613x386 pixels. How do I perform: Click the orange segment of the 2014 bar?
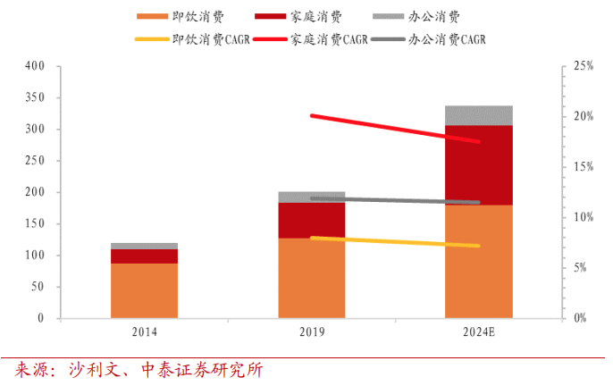tap(144, 290)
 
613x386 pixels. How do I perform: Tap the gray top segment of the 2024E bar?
tap(478, 115)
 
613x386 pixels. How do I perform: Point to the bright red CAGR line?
tap(393, 129)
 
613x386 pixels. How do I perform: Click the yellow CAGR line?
tap(393, 241)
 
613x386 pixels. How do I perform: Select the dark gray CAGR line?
tap(393, 200)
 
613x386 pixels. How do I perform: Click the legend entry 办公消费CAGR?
tap(450, 40)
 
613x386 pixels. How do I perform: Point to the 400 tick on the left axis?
tap(34, 66)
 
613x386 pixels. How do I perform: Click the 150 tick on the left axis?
tap(34, 223)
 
